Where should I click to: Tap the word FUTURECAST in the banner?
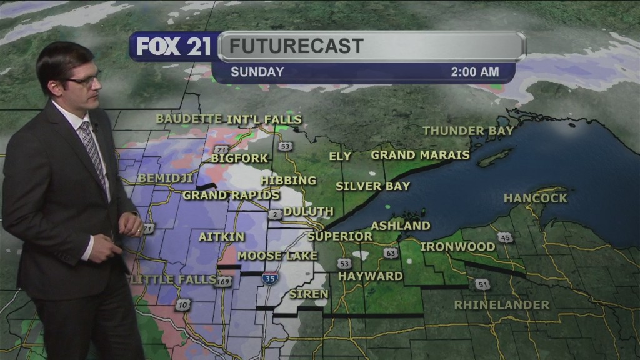pyautogui.click(x=296, y=46)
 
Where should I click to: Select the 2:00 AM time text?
pyautogui.click(x=475, y=72)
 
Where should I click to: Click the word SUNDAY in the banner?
pyautogui.click(x=257, y=72)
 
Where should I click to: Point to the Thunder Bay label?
pyautogui.click(x=468, y=131)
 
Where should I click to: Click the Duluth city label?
pyautogui.click(x=309, y=211)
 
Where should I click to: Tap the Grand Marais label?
pyautogui.click(x=420, y=154)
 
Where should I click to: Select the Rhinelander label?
pyautogui.click(x=502, y=305)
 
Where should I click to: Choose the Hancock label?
pyautogui.click(x=536, y=198)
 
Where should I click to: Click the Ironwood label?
pyautogui.click(x=457, y=247)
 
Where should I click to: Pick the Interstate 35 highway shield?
pyautogui.click(x=270, y=279)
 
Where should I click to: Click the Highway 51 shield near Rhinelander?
pyautogui.click(x=482, y=284)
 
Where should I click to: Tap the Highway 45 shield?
pyautogui.click(x=506, y=237)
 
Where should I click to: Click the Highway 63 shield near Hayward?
pyautogui.click(x=391, y=253)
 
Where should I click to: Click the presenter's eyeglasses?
pyautogui.click(x=85, y=81)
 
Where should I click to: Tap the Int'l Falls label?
pyautogui.click(x=264, y=119)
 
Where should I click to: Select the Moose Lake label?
pyautogui.click(x=277, y=256)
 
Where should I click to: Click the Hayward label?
pyautogui.click(x=370, y=276)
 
